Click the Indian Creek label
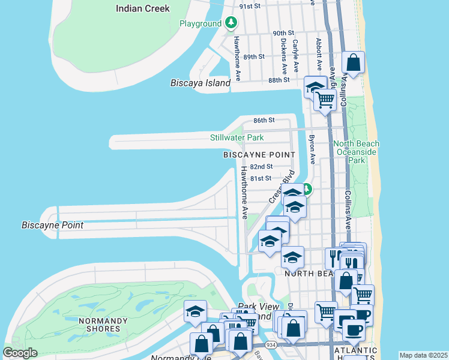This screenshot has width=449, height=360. point(143,8)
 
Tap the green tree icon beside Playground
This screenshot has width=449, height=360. point(232,23)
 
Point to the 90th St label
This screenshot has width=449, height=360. point(283,33)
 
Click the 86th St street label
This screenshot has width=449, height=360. point(264,120)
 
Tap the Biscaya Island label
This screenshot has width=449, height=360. point(200,83)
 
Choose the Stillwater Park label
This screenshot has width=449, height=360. point(237,138)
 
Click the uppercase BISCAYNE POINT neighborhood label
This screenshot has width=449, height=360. point(259,155)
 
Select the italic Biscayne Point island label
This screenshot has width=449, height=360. point(52,226)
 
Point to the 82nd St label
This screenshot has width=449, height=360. point(262,166)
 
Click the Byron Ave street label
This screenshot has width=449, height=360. point(312,149)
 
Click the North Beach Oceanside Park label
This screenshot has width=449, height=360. point(357,152)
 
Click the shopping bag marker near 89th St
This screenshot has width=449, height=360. point(354,62)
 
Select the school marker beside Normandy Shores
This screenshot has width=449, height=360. point(196,312)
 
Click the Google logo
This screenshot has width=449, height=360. point(20,353)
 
